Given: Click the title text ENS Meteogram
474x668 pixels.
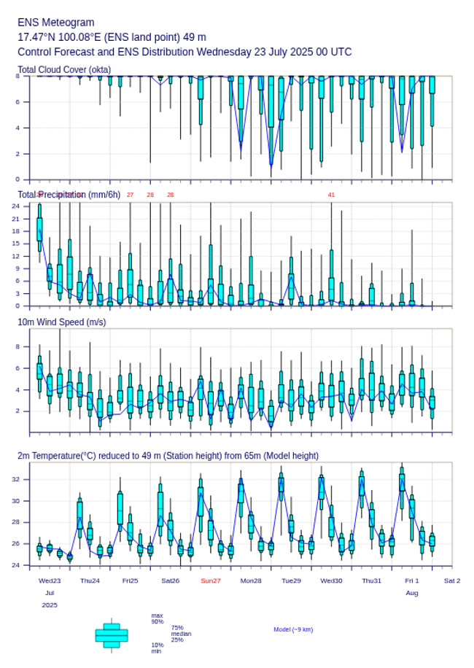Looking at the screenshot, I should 56,23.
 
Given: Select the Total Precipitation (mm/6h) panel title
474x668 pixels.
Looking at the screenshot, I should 69,194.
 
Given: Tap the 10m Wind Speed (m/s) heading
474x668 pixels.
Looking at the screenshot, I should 62,322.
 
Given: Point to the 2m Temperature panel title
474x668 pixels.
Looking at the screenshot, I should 168,456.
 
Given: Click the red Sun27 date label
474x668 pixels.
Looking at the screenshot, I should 211,580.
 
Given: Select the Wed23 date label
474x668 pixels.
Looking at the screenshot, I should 50,580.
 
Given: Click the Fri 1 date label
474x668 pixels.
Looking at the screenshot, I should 412,580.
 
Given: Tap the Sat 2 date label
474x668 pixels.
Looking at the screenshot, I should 452,580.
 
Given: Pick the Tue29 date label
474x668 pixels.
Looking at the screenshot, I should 291,580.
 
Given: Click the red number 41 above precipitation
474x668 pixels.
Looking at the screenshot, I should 331,195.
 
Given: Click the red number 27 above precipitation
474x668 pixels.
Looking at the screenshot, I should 130,195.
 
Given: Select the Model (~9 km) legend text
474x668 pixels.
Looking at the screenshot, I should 293,629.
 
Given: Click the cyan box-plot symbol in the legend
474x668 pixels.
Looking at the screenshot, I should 112,635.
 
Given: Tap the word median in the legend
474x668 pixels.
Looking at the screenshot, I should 182,634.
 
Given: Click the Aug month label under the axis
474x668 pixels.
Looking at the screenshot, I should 412,593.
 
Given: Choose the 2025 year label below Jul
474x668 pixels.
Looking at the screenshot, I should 50,605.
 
